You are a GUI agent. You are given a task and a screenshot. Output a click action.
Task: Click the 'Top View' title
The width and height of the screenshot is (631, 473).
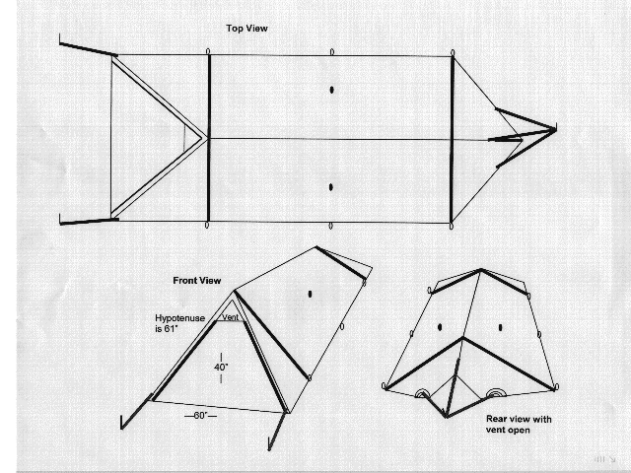tap(246, 29)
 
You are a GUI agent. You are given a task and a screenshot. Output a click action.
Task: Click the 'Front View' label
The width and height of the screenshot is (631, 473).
tap(197, 280)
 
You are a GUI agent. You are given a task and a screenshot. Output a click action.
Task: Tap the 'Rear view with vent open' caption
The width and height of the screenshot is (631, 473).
tap(519, 425)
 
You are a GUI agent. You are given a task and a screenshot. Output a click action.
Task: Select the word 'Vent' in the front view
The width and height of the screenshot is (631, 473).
tap(230, 317)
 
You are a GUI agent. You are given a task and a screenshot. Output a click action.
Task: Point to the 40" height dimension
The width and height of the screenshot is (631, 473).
tap(221, 368)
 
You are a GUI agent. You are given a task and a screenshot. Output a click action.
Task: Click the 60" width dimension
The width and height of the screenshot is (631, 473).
tap(200, 416)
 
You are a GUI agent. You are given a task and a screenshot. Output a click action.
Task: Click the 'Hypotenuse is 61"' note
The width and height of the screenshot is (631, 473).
tap(179, 323)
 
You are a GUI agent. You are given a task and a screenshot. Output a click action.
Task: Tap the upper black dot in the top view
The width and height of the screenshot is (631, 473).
tap(331, 90)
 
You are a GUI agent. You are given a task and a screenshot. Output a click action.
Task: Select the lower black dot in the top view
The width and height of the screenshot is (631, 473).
tap(331, 187)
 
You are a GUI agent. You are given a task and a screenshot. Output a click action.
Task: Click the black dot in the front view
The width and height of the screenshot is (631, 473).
tap(310, 294)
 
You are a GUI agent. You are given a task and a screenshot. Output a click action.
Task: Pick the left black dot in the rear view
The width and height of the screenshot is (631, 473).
tap(440, 327)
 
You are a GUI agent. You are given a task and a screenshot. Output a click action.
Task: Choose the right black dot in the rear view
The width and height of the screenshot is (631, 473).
tap(500, 327)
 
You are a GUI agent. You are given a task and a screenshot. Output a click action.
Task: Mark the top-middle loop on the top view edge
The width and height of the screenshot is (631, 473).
tap(331, 52)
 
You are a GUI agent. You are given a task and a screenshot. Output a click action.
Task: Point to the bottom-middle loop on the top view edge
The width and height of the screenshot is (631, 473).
tap(331, 226)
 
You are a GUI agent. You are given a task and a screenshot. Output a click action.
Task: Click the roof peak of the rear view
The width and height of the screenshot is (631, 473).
tap(480, 269)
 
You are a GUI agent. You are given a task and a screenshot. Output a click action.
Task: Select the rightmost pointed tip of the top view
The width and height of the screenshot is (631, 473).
tap(556, 129)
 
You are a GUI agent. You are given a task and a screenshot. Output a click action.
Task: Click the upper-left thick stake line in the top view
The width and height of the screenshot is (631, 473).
tap(89, 49)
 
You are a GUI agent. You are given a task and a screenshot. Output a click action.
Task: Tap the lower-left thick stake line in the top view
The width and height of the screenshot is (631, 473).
tap(89, 221)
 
